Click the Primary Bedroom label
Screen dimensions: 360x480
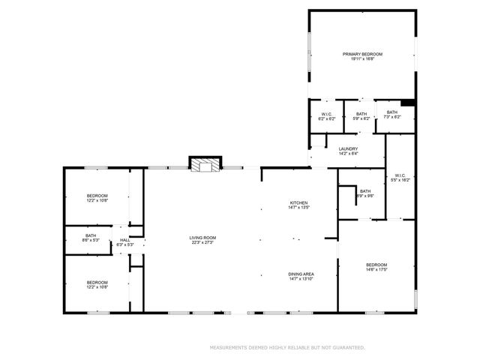click(363, 54)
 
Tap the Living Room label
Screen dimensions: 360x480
click(202, 238)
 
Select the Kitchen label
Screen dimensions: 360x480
click(299, 203)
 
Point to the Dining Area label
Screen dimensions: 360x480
click(301, 274)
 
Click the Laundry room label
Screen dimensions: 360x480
click(348, 148)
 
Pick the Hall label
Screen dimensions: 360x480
click(124, 240)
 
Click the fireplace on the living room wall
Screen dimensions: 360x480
click(205, 165)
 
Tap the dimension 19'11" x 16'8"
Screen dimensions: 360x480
click(363, 59)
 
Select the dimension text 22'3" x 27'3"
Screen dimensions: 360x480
click(202, 243)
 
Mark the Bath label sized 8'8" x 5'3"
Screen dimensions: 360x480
click(91, 235)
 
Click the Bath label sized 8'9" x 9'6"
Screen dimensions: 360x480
click(365, 190)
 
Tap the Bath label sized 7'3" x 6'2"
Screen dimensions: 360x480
click(392, 112)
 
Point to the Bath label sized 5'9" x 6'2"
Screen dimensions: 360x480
click(361, 114)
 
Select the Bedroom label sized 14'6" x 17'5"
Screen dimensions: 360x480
click(376, 265)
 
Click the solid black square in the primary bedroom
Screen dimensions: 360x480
click(408, 103)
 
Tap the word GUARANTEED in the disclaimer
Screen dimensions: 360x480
click(349, 348)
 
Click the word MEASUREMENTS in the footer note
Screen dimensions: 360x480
click(229, 348)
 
